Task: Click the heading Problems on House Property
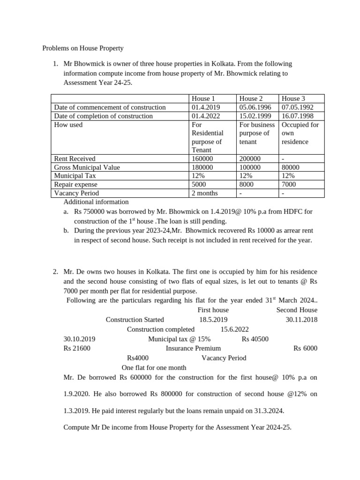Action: coord(83,48)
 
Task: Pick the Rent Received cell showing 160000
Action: coord(202,159)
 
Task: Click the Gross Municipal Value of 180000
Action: coord(202,167)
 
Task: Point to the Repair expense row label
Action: coord(76,184)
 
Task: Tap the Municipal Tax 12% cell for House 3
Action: coord(288,176)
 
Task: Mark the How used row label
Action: coord(68,125)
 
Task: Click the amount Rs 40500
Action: coord(255,339)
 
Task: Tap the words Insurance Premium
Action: coord(193,348)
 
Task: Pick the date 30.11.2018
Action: coord(301,320)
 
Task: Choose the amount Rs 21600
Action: coord(77,348)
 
